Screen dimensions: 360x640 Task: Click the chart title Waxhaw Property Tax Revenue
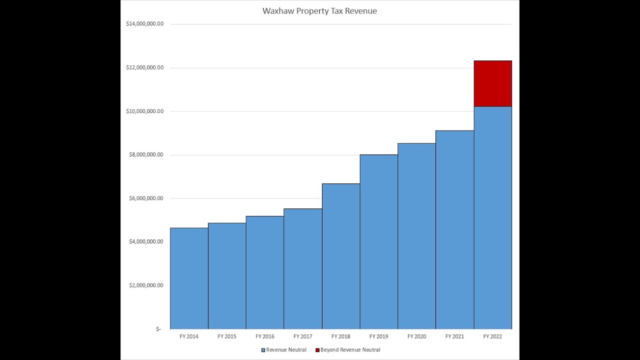point(319,11)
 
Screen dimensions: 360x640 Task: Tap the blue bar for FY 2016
point(265,272)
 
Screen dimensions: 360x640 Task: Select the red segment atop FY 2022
point(492,83)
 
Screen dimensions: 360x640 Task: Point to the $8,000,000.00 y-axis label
point(146,154)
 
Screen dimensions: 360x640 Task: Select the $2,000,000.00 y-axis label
point(146,285)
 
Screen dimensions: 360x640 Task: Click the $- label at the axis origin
point(158,329)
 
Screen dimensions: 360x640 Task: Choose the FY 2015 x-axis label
point(227,336)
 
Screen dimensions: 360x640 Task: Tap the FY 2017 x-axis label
point(303,336)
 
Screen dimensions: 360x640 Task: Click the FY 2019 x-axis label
point(378,336)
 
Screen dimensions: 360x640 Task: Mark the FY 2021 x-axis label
point(454,336)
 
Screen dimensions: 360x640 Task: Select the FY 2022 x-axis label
point(492,336)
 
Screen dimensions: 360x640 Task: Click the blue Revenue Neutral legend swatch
point(263,350)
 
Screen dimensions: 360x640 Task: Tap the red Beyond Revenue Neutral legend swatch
point(317,350)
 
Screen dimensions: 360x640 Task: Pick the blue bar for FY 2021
point(454,230)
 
